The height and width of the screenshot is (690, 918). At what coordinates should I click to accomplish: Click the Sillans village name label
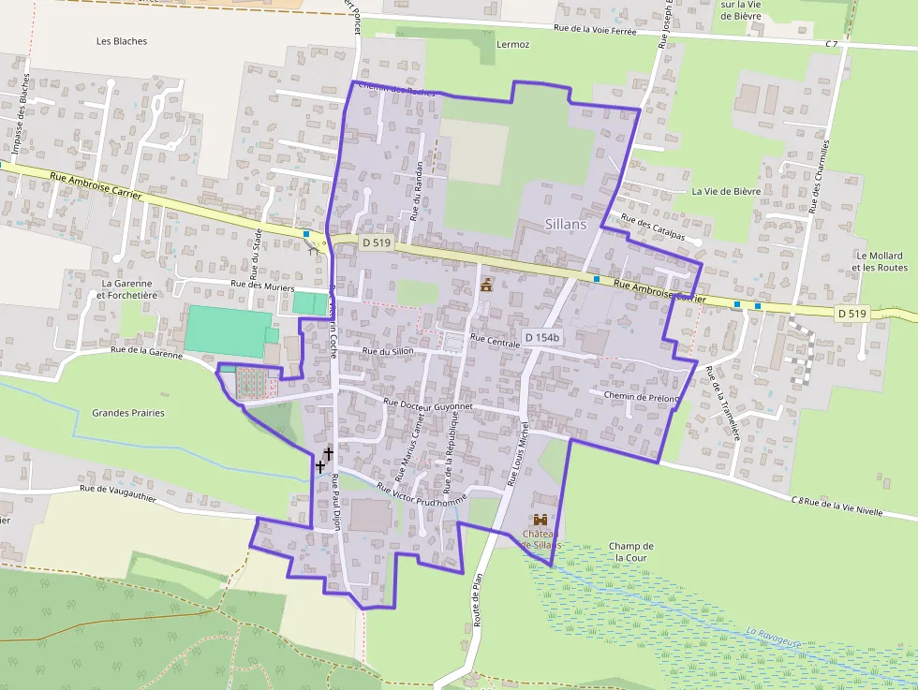coord(566,225)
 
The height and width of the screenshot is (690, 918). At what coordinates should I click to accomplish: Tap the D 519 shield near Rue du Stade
coord(376,242)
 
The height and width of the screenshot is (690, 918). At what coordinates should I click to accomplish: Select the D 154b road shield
coord(541,337)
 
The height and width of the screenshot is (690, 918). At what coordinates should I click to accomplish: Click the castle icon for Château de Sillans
coord(540,520)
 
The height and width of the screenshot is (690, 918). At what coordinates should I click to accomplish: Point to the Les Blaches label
coord(122,41)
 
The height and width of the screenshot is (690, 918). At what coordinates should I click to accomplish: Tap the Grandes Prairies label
coord(128,413)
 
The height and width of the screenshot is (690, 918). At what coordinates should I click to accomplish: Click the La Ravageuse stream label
coord(774,638)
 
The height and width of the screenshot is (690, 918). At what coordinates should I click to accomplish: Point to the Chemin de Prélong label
coord(640,397)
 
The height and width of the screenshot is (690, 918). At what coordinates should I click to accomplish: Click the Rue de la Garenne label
coord(146,350)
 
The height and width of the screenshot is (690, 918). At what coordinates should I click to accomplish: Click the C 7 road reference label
coord(832,44)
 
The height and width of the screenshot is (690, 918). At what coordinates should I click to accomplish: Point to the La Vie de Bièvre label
coord(726,191)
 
